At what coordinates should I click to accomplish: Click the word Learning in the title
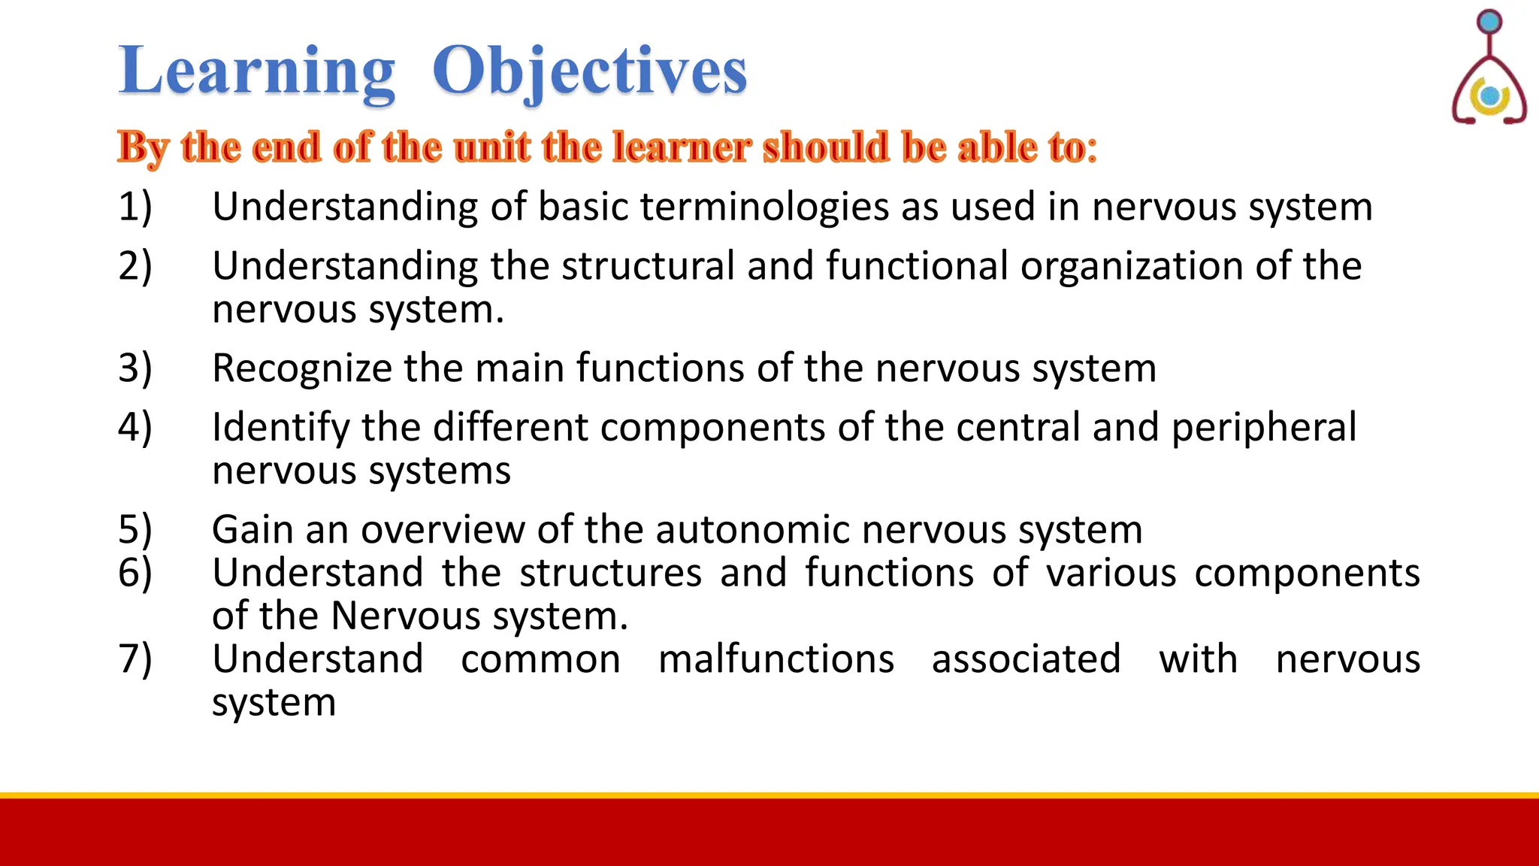click(256, 71)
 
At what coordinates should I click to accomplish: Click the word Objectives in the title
click(589, 71)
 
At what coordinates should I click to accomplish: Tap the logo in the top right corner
click(1489, 68)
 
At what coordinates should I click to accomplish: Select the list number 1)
click(135, 207)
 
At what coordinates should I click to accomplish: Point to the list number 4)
click(135, 427)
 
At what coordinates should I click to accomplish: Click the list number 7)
click(135, 659)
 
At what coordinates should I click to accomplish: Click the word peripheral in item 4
click(1264, 427)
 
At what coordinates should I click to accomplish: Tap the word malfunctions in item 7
click(776, 659)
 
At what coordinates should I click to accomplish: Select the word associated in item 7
click(1027, 659)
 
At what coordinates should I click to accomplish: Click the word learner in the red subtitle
click(682, 147)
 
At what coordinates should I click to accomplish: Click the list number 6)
click(135, 573)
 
